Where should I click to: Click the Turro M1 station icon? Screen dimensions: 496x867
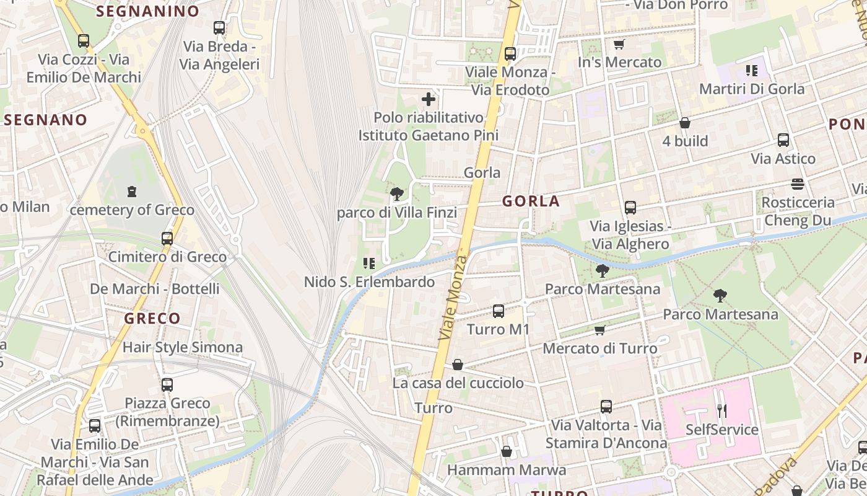[499, 311]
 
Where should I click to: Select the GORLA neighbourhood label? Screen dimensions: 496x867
[531, 201]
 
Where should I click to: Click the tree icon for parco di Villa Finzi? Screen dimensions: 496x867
[397, 194]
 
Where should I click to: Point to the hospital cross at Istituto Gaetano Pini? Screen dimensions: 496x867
[429, 99]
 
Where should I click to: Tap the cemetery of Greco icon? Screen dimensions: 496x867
[132, 192]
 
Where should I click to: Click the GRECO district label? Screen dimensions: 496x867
[152, 319]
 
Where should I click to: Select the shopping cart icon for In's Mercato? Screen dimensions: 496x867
[618, 44]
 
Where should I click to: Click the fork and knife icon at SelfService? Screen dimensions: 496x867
[721, 410]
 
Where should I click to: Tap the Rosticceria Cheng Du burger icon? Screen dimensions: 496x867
[798, 184]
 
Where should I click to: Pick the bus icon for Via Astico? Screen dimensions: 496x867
[783, 140]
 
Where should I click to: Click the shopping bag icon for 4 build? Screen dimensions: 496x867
[685, 123]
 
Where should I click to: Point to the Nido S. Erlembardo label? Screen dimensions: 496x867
[369, 282]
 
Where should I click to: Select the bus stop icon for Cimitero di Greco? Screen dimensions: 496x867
[167, 238]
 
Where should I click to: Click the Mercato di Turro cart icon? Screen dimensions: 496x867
[599, 330]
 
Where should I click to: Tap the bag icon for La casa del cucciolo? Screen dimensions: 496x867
[458, 365]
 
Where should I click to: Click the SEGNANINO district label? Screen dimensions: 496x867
[148, 11]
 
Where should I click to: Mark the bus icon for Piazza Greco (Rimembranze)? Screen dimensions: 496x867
[167, 384]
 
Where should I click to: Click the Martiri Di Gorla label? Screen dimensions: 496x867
[752, 89]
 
